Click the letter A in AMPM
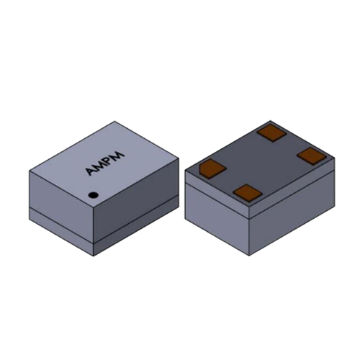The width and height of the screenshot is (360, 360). tap(91, 171)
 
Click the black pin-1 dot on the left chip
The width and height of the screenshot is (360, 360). tap(93, 195)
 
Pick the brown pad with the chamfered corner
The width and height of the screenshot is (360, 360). tap(212, 168)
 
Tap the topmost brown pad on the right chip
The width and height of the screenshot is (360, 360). tap(272, 132)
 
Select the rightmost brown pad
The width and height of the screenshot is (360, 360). tap(312, 156)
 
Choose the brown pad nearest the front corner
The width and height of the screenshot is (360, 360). tap(247, 192)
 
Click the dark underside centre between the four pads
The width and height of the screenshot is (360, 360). tap(261, 163)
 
